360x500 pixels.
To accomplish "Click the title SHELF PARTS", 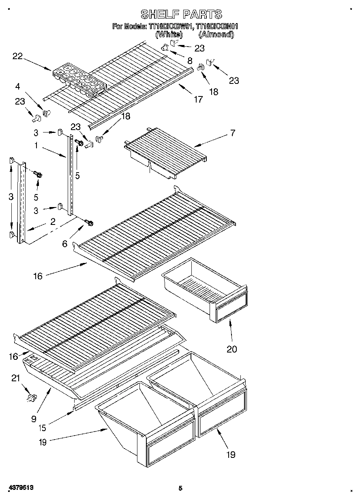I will pyautogui.click(x=181, y=15).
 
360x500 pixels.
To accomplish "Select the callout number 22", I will pyautogui.click(x=17, y=56).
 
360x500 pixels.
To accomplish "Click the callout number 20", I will pyautogui.click(x=231, y=349).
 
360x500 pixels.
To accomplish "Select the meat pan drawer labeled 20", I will pyautogui.click(x=205, y=288).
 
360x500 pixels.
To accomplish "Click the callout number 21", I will pyautogui.click(x=15, y=378).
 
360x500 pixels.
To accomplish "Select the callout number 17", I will pyautogui.click(x=198, y=99).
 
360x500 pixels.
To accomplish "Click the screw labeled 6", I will pyautogui.click(x=89, y=223).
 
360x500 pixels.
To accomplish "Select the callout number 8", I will pyautogui.click(x=189, y=61).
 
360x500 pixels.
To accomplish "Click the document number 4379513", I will pyautogui.click(x=20, y=488).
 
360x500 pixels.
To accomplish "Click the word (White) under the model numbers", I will pyautogui.click(x=169, y=35).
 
